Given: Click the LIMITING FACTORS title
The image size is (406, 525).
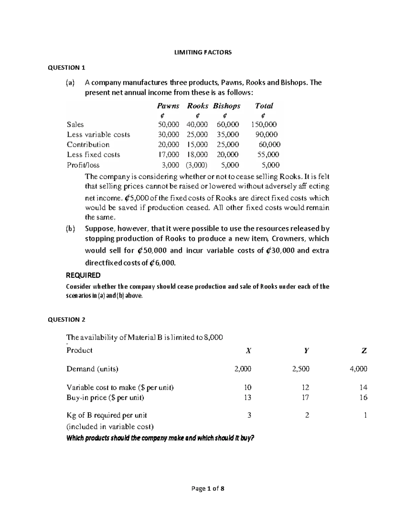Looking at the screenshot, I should [x=203, y=52].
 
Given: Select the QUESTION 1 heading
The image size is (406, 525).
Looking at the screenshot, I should [x=66, y=68].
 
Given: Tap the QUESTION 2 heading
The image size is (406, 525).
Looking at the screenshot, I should [x=67, y=319].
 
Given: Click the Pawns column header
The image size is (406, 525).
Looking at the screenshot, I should [x=168, y=106].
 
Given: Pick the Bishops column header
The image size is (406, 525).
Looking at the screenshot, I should [x=227, y=106].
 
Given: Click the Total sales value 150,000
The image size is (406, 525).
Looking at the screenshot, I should [x=264, y=124].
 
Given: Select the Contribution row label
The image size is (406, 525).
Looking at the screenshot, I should [x=88, y=145].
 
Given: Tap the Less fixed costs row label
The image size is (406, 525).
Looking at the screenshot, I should [x=93, y=155].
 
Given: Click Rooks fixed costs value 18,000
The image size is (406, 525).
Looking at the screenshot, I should [x=197, y=155].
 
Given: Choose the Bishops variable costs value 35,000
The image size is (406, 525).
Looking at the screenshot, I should [x=228, y=135].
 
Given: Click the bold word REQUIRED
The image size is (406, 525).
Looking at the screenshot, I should [x=83, y=275].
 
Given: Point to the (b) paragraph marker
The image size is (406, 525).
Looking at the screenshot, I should [x=70, y=229].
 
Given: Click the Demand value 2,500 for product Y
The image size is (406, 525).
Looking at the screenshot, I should [x=300, y=369].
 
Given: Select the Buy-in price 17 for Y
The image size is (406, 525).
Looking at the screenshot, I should [x=306, y=398].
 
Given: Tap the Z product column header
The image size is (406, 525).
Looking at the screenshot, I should [x=364, y=351].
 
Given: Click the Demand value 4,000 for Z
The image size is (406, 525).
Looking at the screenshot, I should [x=358, y=369].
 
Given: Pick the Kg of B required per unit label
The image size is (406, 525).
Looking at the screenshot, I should [x=107, y=415].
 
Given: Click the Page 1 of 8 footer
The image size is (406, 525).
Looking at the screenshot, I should [x=208, y=488].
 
